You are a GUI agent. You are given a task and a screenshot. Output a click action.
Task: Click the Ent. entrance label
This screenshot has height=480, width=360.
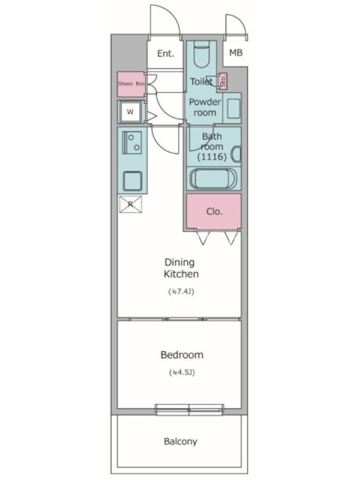(166, 53)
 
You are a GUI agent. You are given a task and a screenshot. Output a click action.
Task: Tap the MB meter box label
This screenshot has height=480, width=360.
(236, 53)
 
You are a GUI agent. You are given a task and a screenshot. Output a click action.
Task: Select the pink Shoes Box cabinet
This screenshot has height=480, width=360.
(131, 84)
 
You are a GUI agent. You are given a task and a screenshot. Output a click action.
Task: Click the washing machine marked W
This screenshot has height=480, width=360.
(130, 112)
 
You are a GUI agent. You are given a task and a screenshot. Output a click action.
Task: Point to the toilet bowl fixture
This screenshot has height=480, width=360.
(202, 55)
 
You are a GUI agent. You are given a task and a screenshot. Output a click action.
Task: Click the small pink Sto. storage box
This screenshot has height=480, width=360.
(223, 81)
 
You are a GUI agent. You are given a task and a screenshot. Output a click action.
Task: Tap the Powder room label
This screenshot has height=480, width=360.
(205, 107)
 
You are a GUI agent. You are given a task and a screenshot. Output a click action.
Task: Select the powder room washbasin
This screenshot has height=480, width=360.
(234, 109)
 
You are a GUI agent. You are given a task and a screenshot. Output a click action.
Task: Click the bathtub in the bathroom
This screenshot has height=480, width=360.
(214, 179)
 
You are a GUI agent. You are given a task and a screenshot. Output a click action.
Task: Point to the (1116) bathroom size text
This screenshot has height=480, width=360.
(212, 157)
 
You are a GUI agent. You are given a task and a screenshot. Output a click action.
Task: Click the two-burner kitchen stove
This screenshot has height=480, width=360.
(132, 142)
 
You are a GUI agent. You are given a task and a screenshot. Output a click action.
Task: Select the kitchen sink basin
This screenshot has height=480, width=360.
(133, 181)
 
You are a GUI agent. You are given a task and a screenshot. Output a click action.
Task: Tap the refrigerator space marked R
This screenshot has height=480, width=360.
(130, 204)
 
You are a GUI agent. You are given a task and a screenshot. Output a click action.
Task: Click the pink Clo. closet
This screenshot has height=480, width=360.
(214, 211)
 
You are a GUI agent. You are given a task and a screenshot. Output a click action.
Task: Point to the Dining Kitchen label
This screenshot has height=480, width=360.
(181, 268)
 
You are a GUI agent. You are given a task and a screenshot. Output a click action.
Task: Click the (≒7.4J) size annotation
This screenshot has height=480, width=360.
(181, 292)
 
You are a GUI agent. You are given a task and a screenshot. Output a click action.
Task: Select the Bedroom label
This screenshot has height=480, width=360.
(182, 355)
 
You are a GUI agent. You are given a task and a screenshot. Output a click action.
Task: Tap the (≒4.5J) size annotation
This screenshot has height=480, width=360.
(182, 373)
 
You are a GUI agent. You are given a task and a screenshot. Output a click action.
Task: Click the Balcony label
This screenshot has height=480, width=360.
(181, 442)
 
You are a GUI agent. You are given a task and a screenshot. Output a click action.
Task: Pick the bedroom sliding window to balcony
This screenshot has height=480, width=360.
(189, 410)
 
